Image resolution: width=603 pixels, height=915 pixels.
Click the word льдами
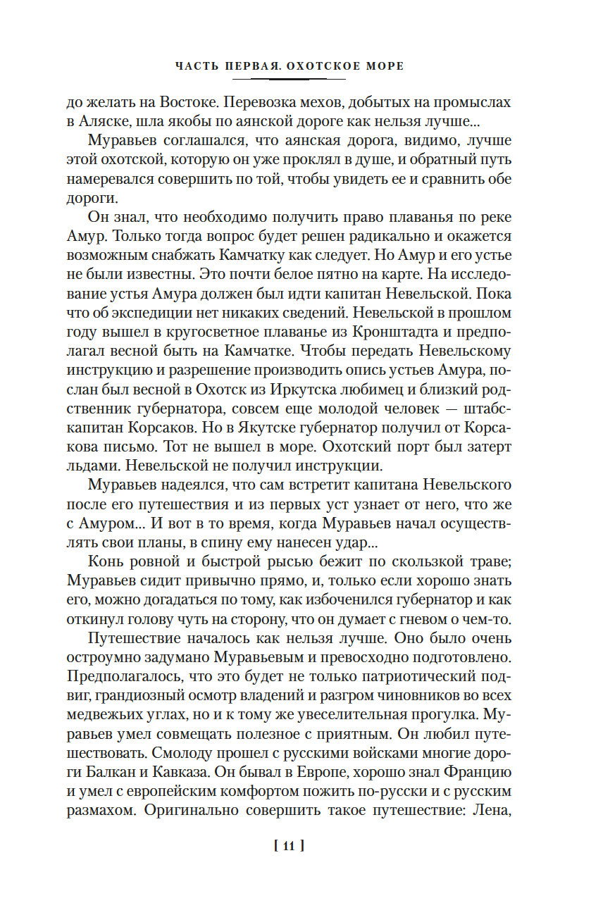click(92, 468)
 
